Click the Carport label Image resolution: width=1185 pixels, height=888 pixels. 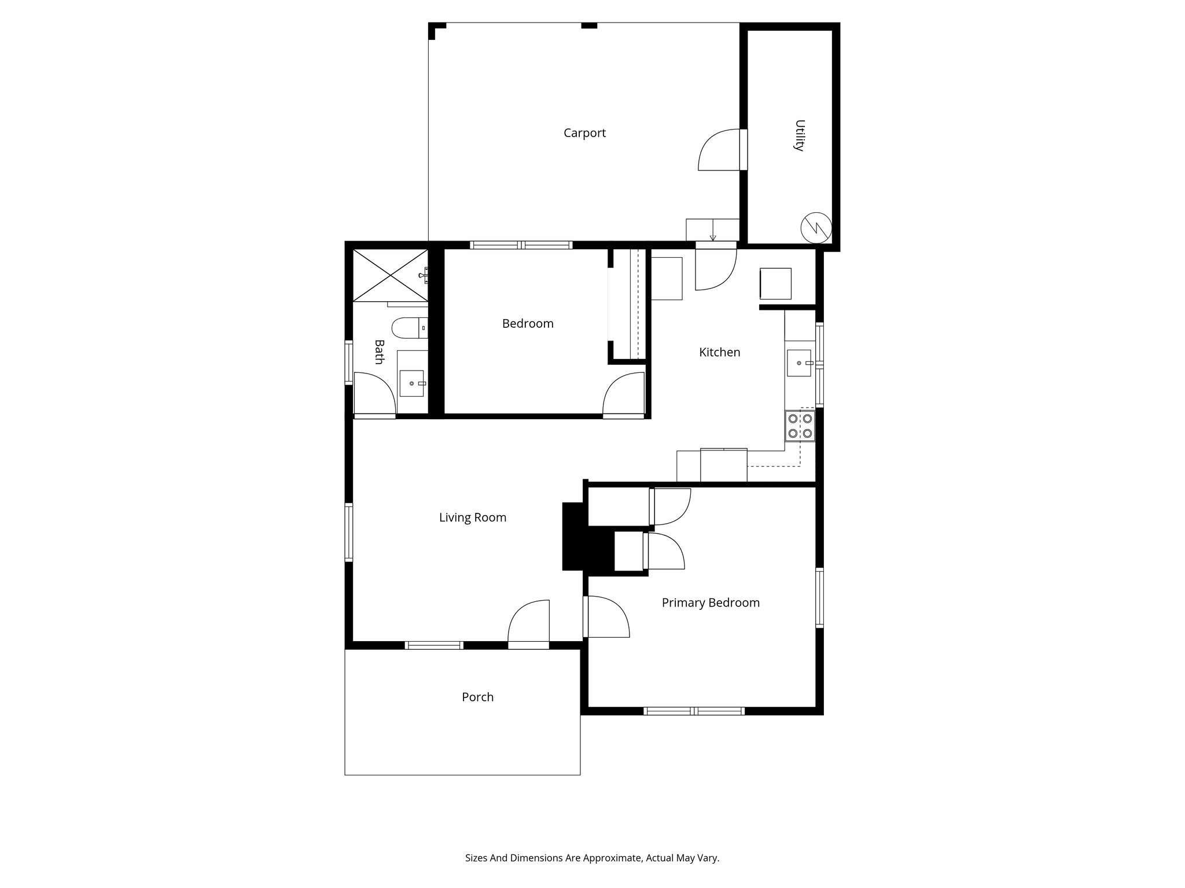click(x=584, y=133)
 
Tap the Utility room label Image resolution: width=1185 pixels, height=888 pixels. click(x=799, y=135)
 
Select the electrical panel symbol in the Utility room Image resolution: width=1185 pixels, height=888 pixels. click(x=816, y=227)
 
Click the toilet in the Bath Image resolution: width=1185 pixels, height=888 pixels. click(x=409, y=328)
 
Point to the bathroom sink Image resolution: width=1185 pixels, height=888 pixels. click(x=412, y=383)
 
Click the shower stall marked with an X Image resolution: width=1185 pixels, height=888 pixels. click(x=391, y=275)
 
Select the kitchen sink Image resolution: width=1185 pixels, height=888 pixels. click(x=799, y=363)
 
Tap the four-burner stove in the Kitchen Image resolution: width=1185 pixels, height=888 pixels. click(x=800, y=426)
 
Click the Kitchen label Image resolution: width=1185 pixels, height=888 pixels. click(x=719, y=352)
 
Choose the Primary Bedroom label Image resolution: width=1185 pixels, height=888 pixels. click(x=710, y=602)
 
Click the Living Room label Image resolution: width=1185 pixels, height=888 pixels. click(x=472, y=517)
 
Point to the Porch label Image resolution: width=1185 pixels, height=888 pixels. click(x=477, y=697)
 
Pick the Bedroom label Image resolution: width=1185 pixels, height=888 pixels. click(x=527, y=324)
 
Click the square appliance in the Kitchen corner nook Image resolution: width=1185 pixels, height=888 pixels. click(x=775, y=283)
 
